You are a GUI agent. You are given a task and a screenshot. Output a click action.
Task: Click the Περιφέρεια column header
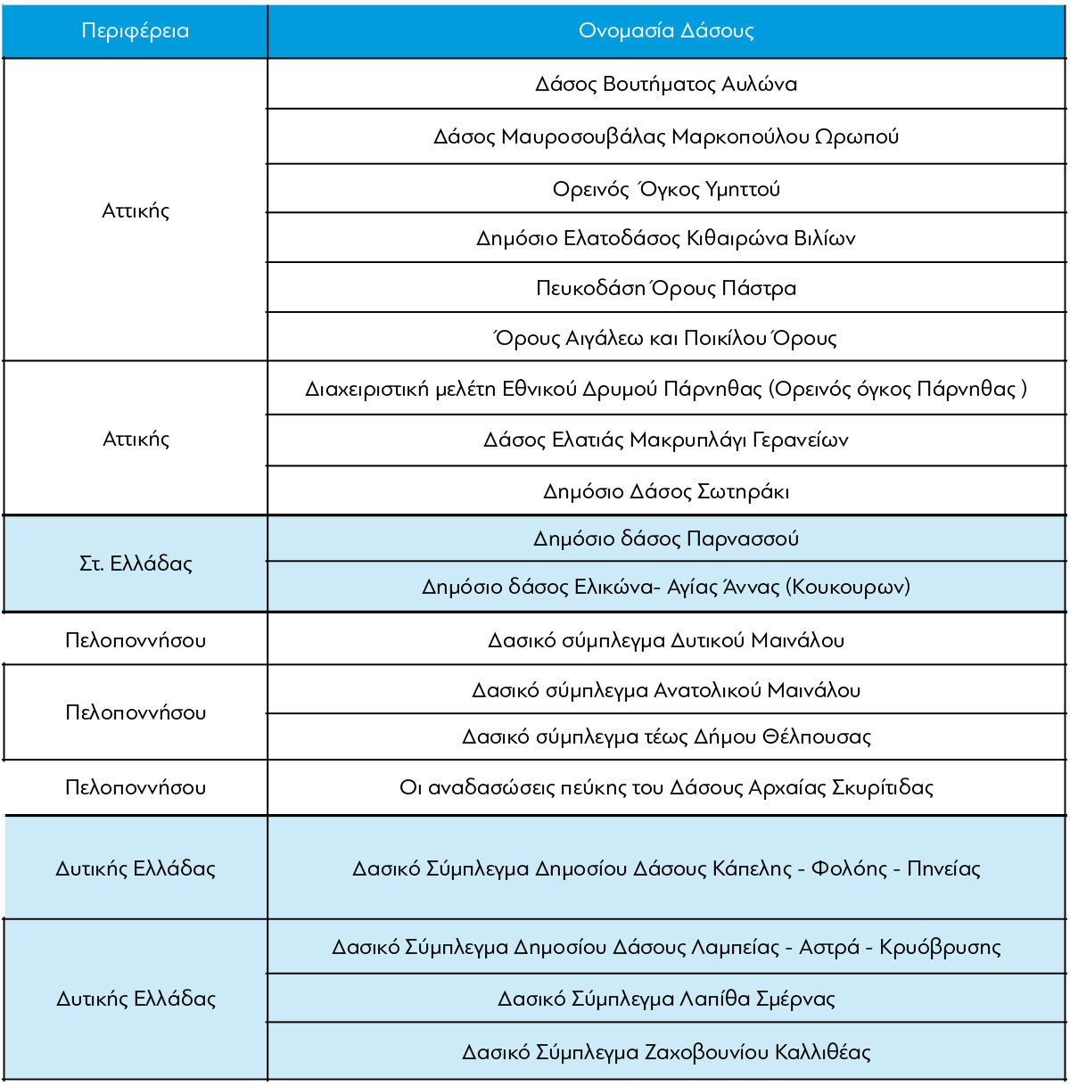pyautogui.click(x=135, y=31)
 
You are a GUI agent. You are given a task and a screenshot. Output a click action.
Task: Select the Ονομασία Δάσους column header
pyautogui.click(x=666, y=31)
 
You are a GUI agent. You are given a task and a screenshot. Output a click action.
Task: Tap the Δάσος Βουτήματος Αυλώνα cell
pyautogui.click(x=666, y=84)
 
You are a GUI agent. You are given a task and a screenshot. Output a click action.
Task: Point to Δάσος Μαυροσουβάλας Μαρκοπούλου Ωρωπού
pyautogui.click(x=666, y=136)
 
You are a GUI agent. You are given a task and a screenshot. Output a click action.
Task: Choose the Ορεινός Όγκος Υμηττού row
pyautogui.click(x=666, y=189)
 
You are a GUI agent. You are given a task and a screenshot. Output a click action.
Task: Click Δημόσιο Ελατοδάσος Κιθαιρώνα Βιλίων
pyautogui.click(x=666, y=238)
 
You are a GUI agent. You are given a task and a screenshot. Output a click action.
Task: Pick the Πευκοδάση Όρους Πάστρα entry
pyautogui.click(x=666, y=288)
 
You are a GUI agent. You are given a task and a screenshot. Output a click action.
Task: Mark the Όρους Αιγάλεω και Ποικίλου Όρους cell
pyautogui.click(x=666, y=338)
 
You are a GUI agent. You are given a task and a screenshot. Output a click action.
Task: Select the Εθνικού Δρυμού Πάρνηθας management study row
pyautogui.click(x=666, y=389)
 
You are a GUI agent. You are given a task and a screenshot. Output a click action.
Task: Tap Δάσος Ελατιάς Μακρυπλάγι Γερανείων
pyautogui.click(x=666, y=440)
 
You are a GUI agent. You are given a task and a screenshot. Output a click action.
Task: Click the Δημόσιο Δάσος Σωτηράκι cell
pyautogui.click(x=666, y=491)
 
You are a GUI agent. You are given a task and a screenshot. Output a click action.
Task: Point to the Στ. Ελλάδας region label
pyautogui.click(x=136, y=564)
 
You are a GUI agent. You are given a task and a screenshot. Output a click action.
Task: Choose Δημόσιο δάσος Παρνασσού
pyautogui.click(x=666, y=539)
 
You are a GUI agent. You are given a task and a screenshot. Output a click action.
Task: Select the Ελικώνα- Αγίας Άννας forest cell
pyautogui.click(x=666, y=587)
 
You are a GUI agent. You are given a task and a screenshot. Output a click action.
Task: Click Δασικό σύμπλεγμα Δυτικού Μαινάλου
pyautogui.click(x=666, y=640)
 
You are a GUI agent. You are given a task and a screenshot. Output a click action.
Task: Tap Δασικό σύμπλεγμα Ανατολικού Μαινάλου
pyautogui.click(x=666, y=690)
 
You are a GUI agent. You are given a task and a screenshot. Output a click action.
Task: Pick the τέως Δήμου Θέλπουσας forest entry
pyautogui.click(x=666, y=736)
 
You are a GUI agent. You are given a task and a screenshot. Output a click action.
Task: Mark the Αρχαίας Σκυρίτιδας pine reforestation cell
pyautogui.click(x=666, y=787)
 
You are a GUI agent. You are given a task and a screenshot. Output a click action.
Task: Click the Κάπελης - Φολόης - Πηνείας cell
pyautogui.click(x=666, y=868)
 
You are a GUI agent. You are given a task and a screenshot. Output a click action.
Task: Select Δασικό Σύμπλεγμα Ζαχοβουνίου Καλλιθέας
pyautogui.click(x=666, y=1052)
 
